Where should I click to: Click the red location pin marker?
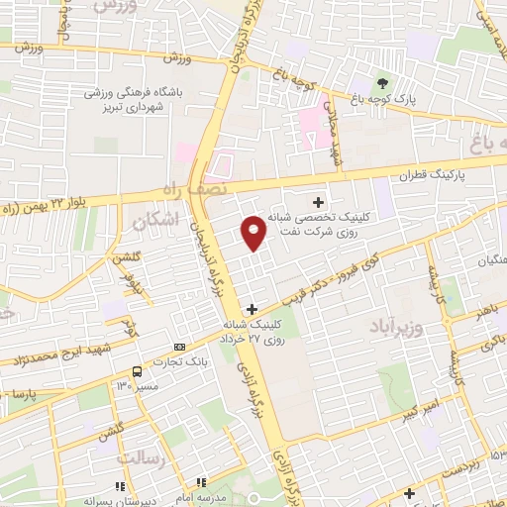[x=253, y=233]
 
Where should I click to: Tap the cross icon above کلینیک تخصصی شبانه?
[x=318, y=201]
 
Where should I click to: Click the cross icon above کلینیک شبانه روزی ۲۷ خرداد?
[x=254, y=308]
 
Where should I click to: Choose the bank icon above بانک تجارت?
[x=179, y=347]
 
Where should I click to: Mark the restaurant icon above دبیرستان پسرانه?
[x=121, y=485]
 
